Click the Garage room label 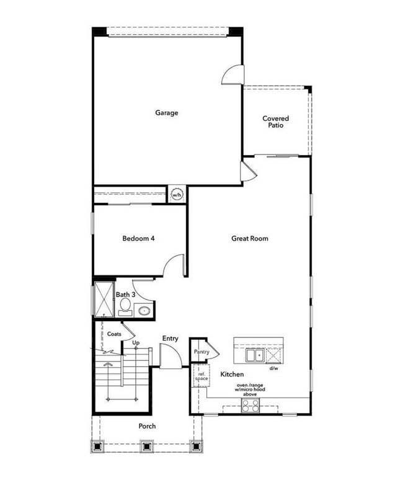click(167, 113)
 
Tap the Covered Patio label click(275, 122)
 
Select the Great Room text click(250, 238)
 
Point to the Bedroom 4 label click(138, 238)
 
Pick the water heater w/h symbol click(177, 195)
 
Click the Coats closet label click(114, 334)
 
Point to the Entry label click(170, 338)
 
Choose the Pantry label click(201, 352)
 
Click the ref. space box click(201, 376)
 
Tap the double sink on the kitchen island click(254, 355)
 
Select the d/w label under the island click(273, 368)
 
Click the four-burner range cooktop click(250, 406)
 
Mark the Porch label click(147, 426)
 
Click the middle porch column click(146, 446)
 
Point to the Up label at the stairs click(136, 342)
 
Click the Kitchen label click(232, 375)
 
